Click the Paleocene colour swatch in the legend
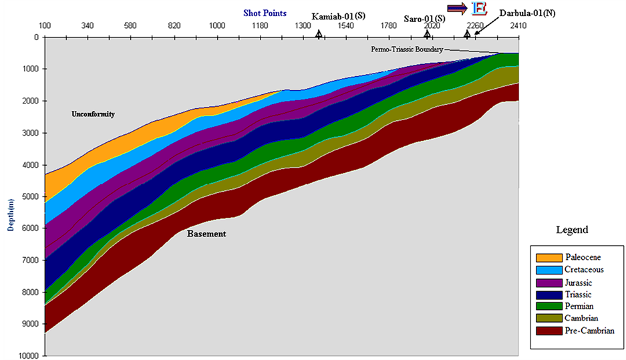(549, 257)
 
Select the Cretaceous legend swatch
(549, 270)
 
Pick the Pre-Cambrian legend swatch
(549, 331)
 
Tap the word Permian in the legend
(579, 307)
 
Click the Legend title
(572, 230)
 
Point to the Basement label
(206, 234)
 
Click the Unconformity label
(93, 114)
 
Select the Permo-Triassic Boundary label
(407, 49)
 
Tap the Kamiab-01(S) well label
(338, 16)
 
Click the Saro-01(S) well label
(424, 19)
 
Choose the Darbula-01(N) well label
(527, 13)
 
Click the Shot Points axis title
(265, 13)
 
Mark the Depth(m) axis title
(11, 214)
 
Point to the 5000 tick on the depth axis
(31, 197)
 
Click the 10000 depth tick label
(29, 355)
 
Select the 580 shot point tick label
(130, 26)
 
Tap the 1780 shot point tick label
(388, 26)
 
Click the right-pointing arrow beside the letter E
(457, 7)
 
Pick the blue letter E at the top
(480, 9)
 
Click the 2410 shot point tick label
(518, 26)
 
